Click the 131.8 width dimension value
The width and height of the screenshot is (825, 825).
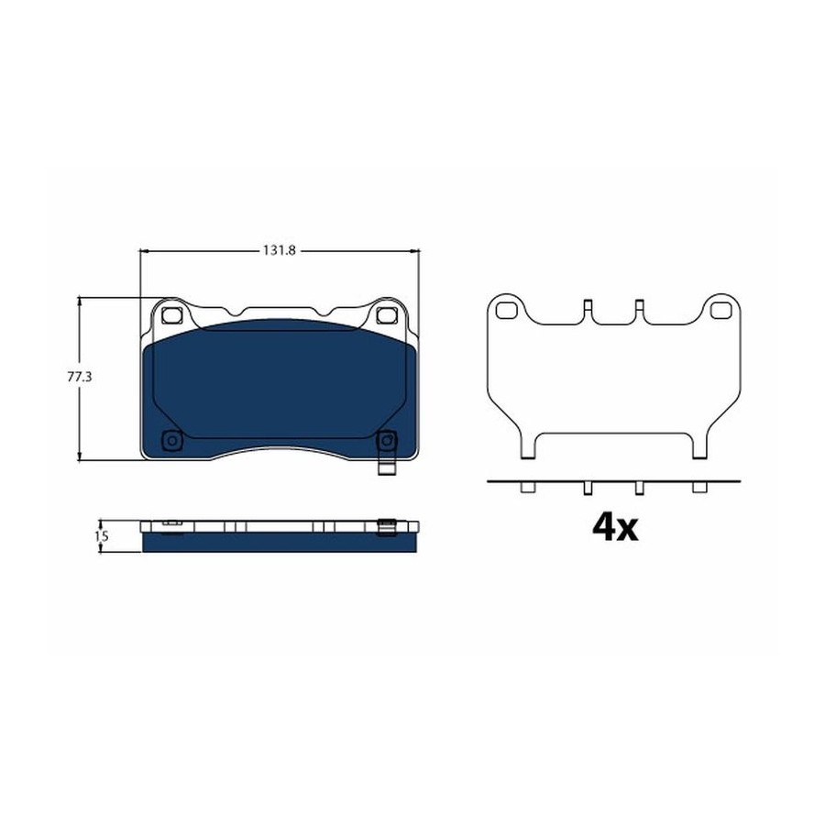click(280, 251)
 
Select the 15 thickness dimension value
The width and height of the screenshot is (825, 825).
click(102, 536)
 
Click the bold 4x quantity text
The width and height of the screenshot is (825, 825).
click(614, 527)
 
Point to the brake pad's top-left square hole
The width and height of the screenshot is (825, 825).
click(171, 315)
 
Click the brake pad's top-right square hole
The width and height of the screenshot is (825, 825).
click(386, 315)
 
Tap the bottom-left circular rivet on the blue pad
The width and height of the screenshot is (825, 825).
click(171, 440)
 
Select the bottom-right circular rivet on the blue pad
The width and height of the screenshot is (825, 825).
click(387, 440)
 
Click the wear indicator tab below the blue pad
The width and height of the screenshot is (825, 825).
click(387, 468)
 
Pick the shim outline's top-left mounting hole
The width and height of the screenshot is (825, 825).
click(506, 311)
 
